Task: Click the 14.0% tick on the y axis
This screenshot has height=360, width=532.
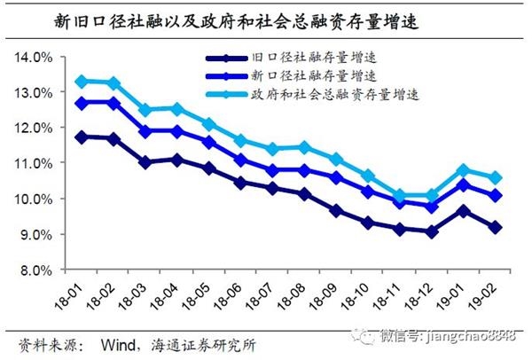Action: point(33,58)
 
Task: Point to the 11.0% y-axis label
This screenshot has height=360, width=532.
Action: point(33,164)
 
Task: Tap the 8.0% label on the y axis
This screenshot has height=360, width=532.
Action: point(35,270)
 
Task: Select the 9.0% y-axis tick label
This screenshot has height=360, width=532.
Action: point(35,234)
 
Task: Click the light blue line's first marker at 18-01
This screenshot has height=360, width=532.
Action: point(82,82)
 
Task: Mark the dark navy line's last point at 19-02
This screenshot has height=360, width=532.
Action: point(496,227)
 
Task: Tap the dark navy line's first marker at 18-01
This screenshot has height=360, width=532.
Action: point(82,137)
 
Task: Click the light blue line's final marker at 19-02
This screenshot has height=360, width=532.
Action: point(496,177)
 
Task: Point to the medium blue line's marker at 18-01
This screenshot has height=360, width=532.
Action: point(82,103)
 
